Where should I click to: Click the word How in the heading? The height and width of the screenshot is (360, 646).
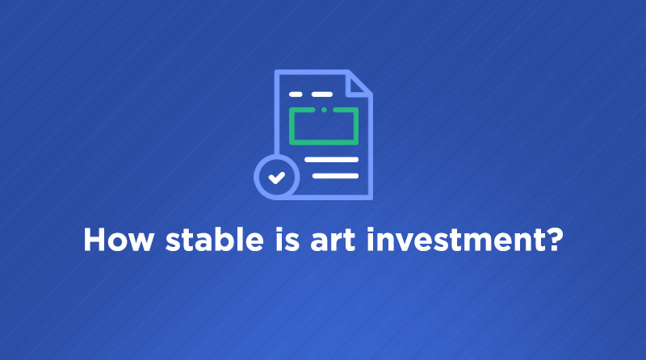point(118,239)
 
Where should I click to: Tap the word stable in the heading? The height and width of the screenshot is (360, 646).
point(214,239)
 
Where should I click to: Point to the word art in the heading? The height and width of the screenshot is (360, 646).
point(333,241)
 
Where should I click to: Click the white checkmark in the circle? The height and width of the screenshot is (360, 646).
point(276,178)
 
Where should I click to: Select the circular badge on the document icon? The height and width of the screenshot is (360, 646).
point(276,177)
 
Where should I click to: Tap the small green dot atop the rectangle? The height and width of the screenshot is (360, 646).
point(325,110)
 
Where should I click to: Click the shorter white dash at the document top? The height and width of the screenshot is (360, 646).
point(296,94)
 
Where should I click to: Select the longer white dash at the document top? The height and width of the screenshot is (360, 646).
point(322,94)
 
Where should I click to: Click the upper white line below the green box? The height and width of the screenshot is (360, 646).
point(332,160)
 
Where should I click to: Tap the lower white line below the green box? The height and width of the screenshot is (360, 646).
point(335,176)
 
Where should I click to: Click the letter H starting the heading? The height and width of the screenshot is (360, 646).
point(94,239)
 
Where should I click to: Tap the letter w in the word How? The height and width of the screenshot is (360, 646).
point(140,243)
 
